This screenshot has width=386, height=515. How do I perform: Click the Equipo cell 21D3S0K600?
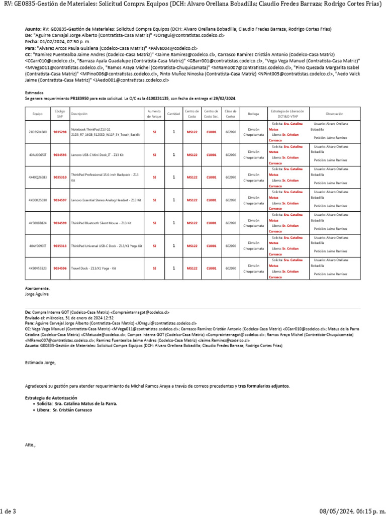click(38, 132)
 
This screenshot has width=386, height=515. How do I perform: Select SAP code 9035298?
click(60, 132)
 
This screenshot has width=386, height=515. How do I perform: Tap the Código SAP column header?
click(60, 114)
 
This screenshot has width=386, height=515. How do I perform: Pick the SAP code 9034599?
click(60, 223)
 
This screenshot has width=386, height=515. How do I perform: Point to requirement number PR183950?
click(80, 99)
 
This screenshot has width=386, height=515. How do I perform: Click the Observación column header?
click(334, 114)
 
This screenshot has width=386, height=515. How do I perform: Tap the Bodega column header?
click(253, 114)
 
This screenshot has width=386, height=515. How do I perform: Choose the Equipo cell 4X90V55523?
click(38, 269)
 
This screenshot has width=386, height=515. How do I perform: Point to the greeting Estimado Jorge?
click(41, 363)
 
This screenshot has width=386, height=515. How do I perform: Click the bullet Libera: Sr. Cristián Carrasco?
click(65, 410)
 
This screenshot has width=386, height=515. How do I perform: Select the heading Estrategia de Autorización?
click(51, 398)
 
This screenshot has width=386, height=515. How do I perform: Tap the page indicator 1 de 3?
click(8, 511)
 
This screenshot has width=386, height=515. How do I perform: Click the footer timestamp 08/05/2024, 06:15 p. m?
click(351, 511)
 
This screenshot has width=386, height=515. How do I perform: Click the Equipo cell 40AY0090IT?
click(38, 246)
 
